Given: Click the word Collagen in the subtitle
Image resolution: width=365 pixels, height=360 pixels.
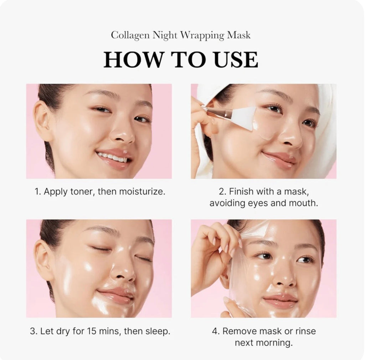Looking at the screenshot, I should (x=130, y=35).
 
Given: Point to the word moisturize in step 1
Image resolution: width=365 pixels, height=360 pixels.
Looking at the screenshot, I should (x=144, y=192).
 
